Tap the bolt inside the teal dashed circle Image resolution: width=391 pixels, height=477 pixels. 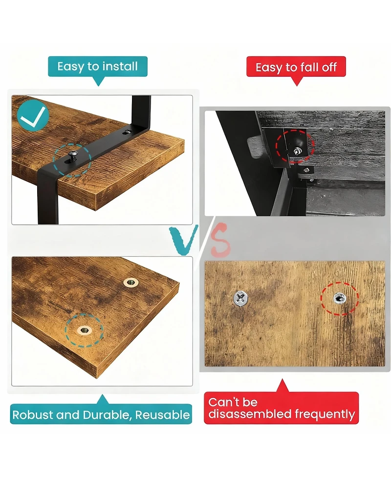tap(73, 156)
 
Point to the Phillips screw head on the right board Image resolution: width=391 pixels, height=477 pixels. tap(240, 298)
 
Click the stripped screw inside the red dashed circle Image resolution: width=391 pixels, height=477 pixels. tap(340, 299)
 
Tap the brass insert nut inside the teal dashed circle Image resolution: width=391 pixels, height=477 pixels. tap(85, 331)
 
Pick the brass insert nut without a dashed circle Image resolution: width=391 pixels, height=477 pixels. tap(131, 283)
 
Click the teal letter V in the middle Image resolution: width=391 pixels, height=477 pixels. tap(184, 240)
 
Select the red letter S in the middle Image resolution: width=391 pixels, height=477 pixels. tap(220, 239)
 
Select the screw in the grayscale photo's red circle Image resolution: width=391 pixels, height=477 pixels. tap(297, 150)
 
